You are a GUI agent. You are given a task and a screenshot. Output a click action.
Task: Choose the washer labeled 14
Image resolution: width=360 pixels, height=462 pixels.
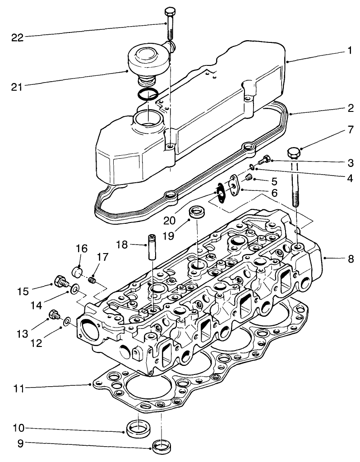(x=73, y=288)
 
